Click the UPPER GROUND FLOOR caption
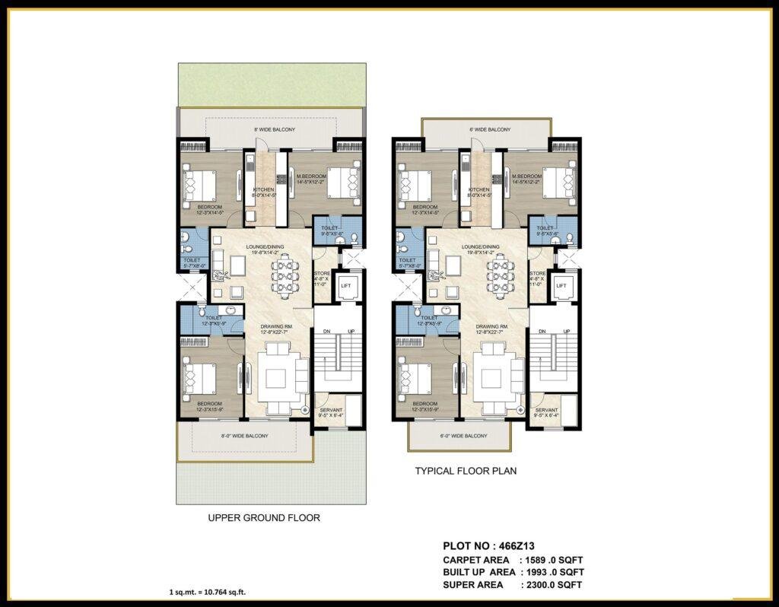click(x=264, y=518)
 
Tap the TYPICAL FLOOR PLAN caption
click(x=466, y=471)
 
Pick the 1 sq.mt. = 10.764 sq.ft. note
click(x=207, y=592)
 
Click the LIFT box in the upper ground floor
click(x=346, y=285)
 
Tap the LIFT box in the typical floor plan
click(x=561, y=285)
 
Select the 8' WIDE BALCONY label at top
click(x=274, y=130)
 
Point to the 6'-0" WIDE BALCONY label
click(x=464, y=436)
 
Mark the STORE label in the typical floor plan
click(x=537, y=273)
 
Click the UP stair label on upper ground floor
click(x=351, y=332)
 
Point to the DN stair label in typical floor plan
click(x=542, y=332)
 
